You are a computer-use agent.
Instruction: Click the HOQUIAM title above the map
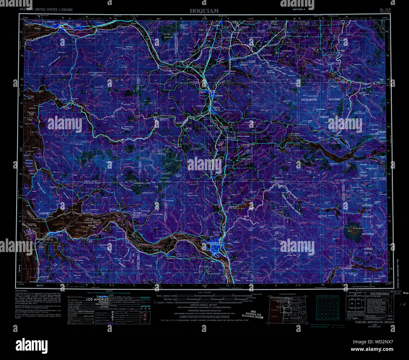point(204,11)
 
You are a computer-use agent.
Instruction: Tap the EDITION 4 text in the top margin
point(299,10)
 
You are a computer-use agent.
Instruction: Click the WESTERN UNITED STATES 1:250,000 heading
point(46,10)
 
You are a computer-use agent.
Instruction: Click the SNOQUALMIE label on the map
point(312,99)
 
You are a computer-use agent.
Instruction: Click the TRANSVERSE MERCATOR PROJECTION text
point(204,310)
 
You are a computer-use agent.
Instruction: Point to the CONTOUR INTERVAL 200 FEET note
point(204,305)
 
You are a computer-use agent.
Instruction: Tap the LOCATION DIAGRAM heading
point(287,295)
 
